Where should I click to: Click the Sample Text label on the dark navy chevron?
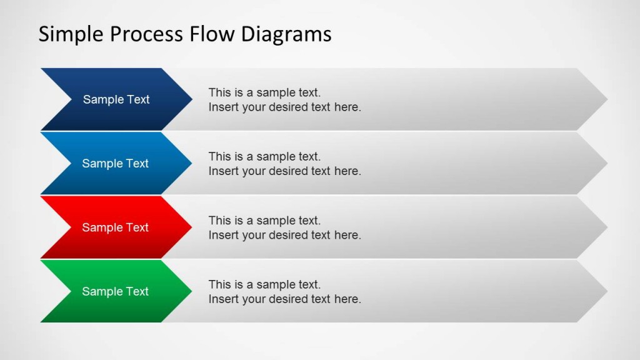pos(116,99)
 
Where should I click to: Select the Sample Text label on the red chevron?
pos(116,227)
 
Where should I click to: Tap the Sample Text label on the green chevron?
pos(116,291)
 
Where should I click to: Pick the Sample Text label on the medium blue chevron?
pos(116,164)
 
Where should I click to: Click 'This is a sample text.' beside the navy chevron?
pos(264,92)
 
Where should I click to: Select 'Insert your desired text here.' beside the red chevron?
pos(284,235)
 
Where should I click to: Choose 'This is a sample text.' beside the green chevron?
pos(264,284)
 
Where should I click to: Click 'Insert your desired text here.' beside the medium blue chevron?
pos(284,171)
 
